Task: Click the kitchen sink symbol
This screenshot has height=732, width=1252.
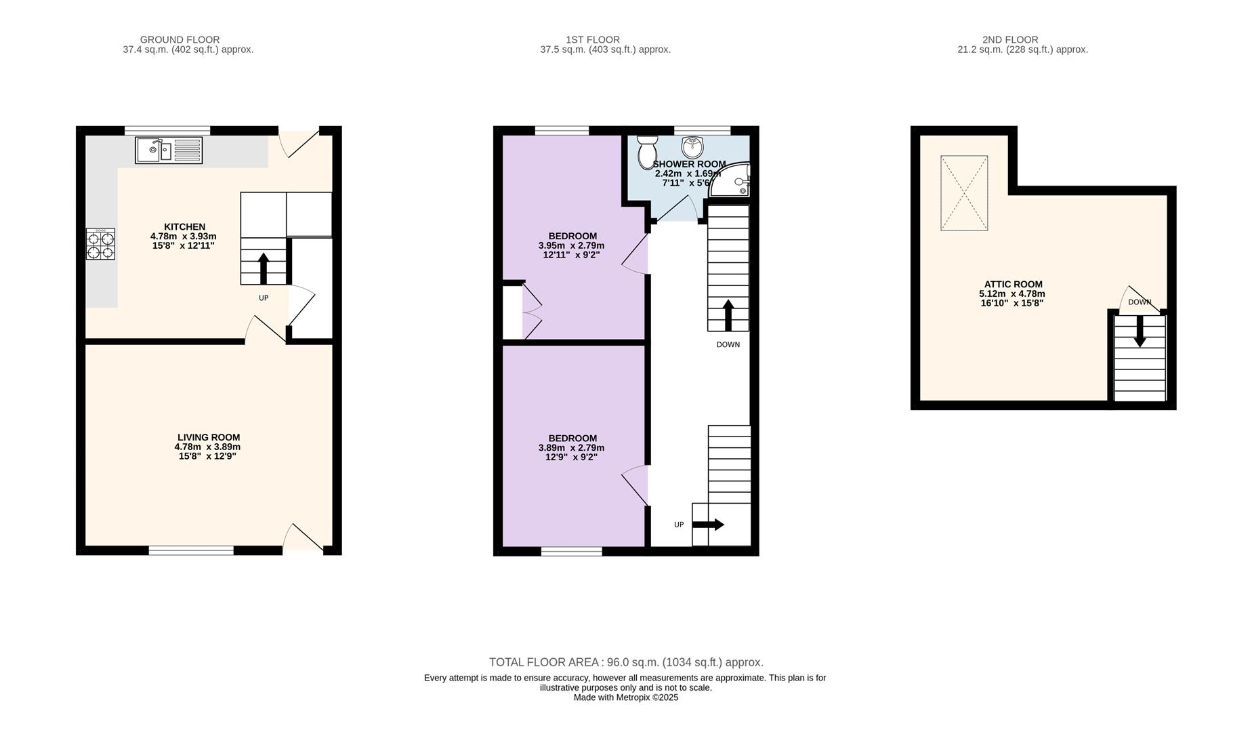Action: (169, 150)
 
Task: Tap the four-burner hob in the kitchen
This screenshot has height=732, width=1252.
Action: (100, 244)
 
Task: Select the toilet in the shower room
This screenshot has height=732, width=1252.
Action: (647, 152)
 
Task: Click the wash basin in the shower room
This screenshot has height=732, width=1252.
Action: (692, 146)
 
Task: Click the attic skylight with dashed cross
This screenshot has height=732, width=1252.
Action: (964, 193)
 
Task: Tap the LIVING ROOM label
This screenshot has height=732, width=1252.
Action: (208, 438)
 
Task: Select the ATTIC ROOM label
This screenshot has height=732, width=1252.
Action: (1013, 285)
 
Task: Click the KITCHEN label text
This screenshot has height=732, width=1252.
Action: (184, 227)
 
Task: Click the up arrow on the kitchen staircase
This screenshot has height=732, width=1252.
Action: (264, 268)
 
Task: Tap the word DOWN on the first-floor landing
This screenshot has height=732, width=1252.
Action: (728, 344)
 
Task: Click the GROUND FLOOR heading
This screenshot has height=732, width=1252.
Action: (180, 40)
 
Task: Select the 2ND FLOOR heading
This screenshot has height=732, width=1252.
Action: (1009, 40)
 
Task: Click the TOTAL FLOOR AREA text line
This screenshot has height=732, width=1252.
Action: (625, 662)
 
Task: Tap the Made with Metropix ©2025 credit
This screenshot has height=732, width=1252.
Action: (625, 697)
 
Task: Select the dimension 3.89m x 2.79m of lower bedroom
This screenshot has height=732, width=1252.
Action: (571, 448)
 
